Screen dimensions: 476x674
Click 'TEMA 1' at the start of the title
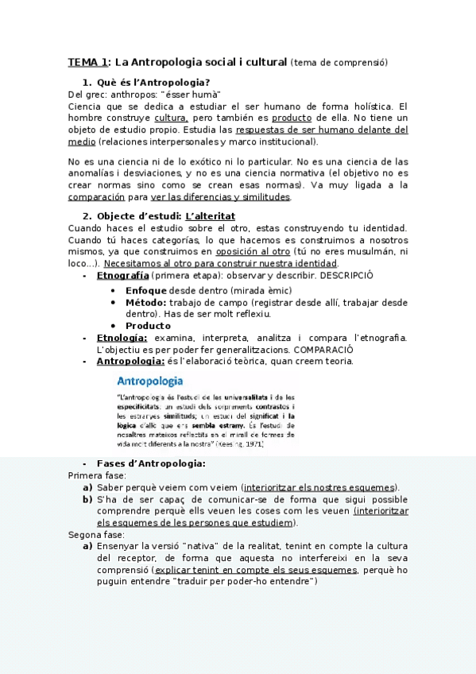(x=88, y=62)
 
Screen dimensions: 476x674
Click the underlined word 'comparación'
(x=96, y=196)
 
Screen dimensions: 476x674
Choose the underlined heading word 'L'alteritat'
(x=210, y=216)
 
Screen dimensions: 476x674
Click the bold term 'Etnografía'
(x=122, y=274)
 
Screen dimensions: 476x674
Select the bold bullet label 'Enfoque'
(x=146, y=290)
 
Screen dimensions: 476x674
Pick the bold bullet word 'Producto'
(x=148, y=325)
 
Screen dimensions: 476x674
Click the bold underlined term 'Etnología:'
(x=122, y=338)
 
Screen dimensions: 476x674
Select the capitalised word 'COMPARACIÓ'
(x=323, y=349)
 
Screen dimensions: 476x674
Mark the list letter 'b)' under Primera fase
(x=87, y=499)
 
